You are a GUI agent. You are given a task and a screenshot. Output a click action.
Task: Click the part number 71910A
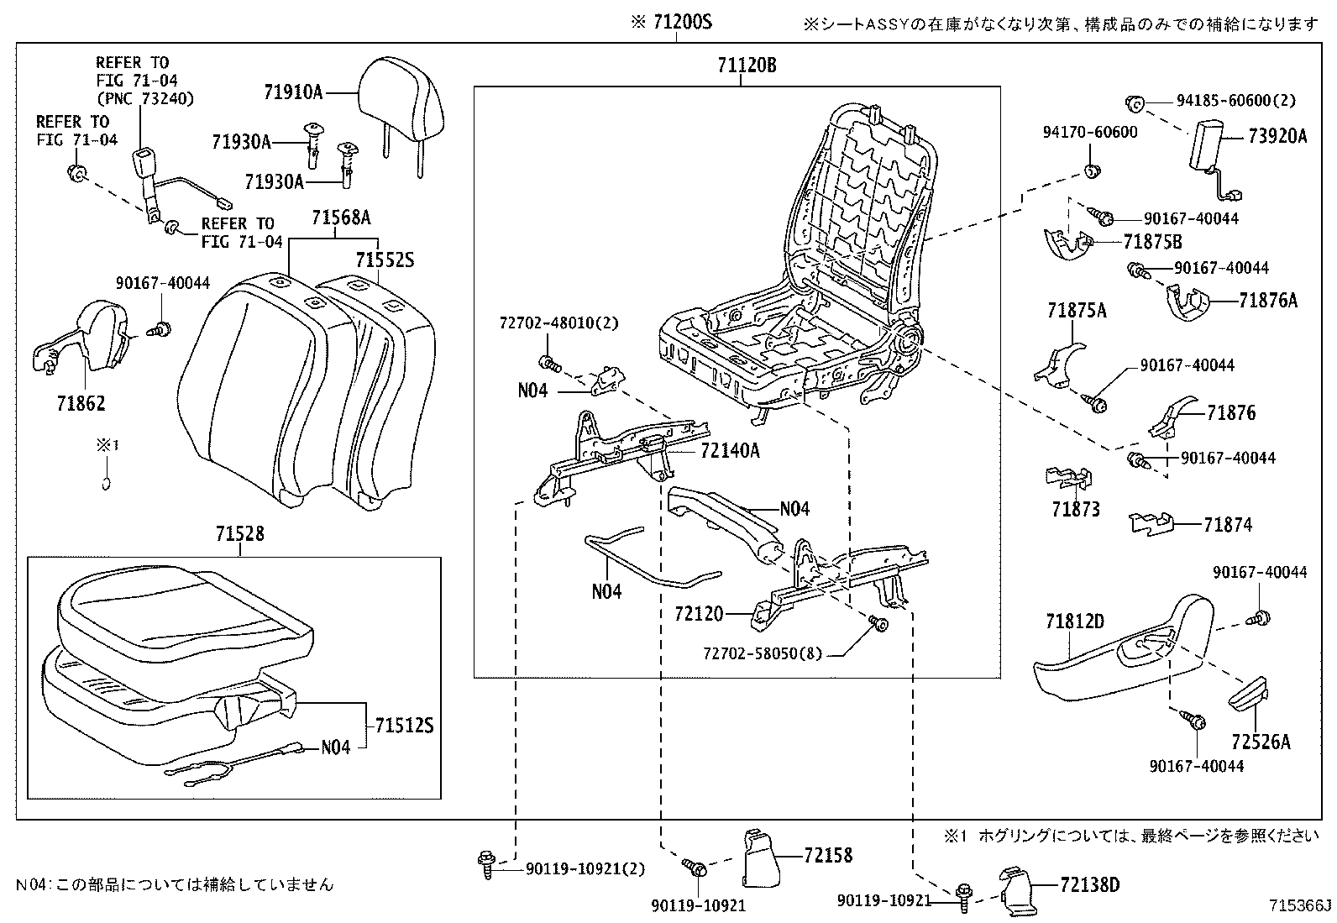(x=291, y=92)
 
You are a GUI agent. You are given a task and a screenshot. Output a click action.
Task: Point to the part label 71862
(x=81, y=404)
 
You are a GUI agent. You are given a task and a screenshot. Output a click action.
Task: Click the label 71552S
(x=385, y=260)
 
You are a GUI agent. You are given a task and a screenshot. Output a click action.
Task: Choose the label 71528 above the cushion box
(x=239, y=533)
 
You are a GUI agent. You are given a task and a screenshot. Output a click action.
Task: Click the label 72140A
(x=730, y=451)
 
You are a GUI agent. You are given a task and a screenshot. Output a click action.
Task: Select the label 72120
(x=698, y=615)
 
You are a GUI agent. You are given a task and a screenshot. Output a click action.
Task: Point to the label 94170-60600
(x=1090, y=132)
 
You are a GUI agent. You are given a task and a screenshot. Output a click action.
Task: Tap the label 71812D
(x=1074, y=622)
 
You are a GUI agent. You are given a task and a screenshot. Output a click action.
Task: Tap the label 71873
(x=1074, y=510)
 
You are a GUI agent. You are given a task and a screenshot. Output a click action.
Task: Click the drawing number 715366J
(x=1300, y=905)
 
